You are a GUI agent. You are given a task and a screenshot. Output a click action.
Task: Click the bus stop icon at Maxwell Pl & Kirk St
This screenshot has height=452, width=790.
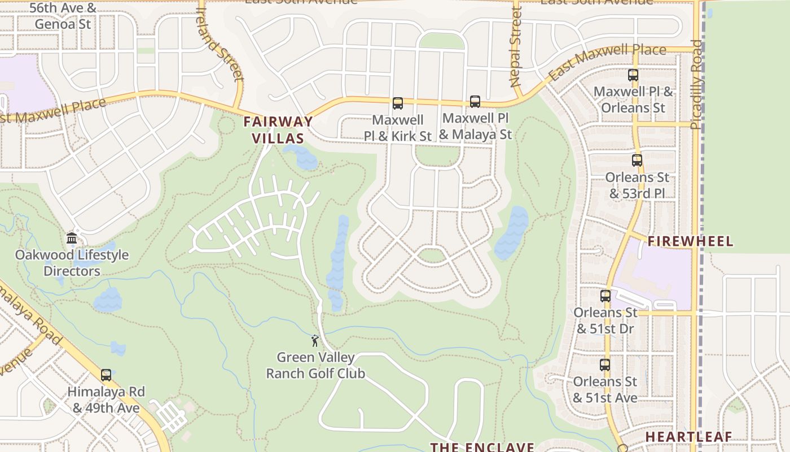(398, 103)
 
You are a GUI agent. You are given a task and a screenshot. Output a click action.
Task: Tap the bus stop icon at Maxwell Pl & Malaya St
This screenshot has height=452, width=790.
(475, 102)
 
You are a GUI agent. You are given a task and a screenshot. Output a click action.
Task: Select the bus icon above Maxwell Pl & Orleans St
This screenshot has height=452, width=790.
(633, 75)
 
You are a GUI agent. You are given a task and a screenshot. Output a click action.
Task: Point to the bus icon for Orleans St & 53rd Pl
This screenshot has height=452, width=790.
(637, 160)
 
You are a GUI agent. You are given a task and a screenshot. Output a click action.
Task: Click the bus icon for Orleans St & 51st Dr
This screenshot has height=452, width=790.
(605, 295)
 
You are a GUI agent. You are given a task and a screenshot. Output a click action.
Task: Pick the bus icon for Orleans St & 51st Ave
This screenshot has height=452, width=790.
(605, 365)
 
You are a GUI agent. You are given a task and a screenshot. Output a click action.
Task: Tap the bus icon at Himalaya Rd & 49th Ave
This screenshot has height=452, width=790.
(106, 375)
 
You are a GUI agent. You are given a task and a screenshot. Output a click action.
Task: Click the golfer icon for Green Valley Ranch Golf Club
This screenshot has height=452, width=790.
(315, 341)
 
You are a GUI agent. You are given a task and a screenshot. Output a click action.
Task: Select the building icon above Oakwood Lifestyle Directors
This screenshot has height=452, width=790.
(72, 238)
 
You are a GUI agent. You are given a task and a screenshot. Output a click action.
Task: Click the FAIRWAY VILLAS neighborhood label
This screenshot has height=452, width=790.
(278, 129)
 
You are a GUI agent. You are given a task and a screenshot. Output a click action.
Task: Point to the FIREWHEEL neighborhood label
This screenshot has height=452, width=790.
(690, 242)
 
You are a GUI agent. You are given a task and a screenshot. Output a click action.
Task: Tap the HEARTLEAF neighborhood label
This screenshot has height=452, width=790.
(688, 437)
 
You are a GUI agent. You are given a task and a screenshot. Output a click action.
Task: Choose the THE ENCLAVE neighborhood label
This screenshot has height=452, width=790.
(482, 447)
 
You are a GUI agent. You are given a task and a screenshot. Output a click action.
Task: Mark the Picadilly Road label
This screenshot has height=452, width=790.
(697, 85)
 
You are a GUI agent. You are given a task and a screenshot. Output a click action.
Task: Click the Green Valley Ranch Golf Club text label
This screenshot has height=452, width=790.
(315, 366)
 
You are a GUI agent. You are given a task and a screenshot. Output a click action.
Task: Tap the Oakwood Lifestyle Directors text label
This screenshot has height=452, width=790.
(72, 263)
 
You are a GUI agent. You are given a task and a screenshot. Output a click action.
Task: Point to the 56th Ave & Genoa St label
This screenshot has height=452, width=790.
(63, 16)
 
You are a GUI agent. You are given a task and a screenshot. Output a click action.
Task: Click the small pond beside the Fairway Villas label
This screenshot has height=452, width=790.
(301, 157)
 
